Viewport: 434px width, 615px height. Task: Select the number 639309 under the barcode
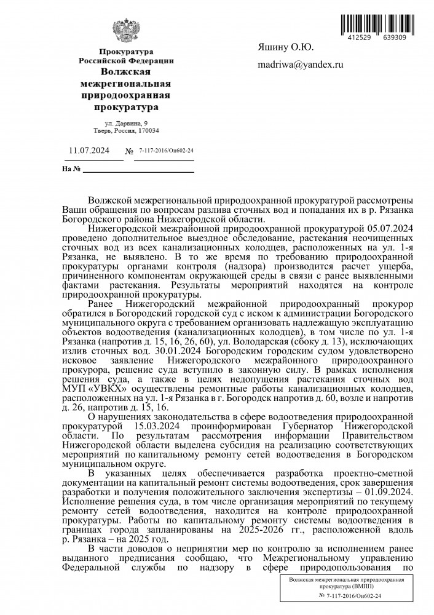click(x=393, y=38)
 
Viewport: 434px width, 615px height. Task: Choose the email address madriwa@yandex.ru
click(x=301, y=65)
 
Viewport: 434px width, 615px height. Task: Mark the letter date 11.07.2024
click(x=89, y=150)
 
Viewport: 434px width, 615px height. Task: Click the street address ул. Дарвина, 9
click(x=127, y=123)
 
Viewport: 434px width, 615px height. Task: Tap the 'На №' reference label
click(x=73, y=169)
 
